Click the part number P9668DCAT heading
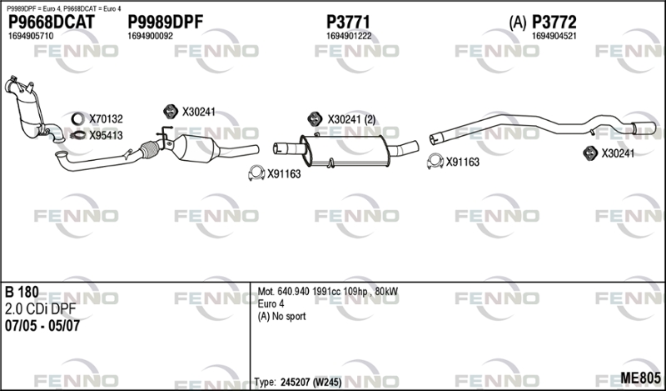[x=51, y=23]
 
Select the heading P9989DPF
[x=165, y=23]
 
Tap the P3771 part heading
[x=348, y=23]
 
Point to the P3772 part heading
[x=554, y=23]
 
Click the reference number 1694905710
[x=31, y=36]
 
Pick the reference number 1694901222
[x=349, y=36]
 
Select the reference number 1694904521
[x=554, y=36]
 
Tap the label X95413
[x=106, y=135]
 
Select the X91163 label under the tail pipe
[x=463, y=162]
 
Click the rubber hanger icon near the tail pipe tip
[x=590, y=153]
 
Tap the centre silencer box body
[x=345, y=150]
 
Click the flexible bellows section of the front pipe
[x=149, y=149]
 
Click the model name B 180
[x=22, y=292]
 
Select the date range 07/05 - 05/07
[x=42, y=326]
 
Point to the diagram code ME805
[x=640, y=378]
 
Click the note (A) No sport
[x=281, y=316]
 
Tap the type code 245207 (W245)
[x=311, y=382]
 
